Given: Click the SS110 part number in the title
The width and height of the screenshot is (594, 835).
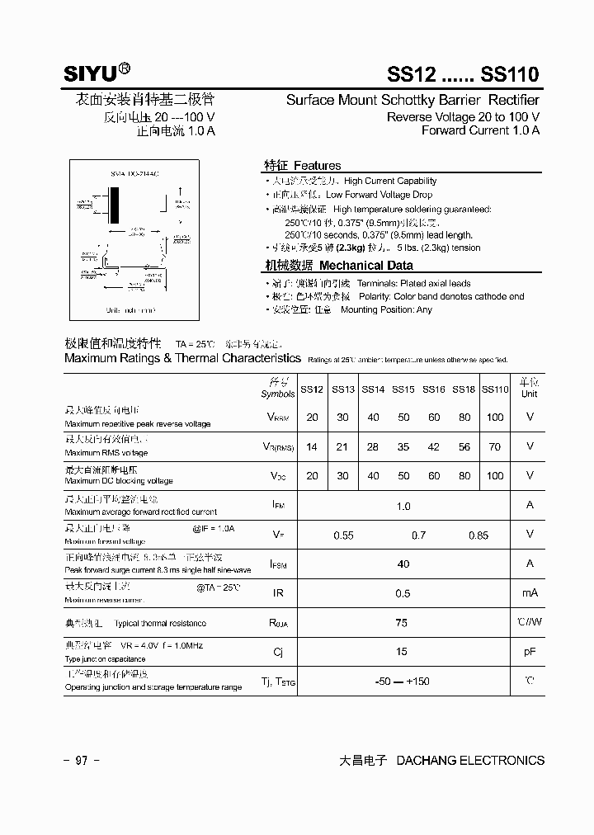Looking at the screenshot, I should (511, 74).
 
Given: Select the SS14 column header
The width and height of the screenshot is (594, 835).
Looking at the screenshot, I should (373, 389).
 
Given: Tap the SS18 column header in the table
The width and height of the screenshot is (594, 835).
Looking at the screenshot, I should (464, 389).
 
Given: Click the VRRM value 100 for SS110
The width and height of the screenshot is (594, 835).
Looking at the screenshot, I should (495, 417).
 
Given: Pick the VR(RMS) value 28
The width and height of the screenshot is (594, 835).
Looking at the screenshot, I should (373, 446).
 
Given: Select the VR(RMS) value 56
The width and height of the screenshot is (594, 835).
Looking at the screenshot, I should (464, 446).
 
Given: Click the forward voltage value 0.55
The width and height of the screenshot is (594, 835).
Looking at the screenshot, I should (343, 535).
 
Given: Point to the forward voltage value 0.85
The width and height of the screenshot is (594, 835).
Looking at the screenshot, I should (478, 535).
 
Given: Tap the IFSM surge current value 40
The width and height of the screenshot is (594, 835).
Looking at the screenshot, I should (403, 564).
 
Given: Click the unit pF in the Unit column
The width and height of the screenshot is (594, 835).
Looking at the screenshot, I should (530, 652).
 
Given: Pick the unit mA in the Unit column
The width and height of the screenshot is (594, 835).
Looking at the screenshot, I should (530, 593).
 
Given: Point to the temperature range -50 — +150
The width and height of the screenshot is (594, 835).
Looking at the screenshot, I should (402, 682).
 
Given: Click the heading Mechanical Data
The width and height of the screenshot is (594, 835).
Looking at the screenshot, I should (365, 266).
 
